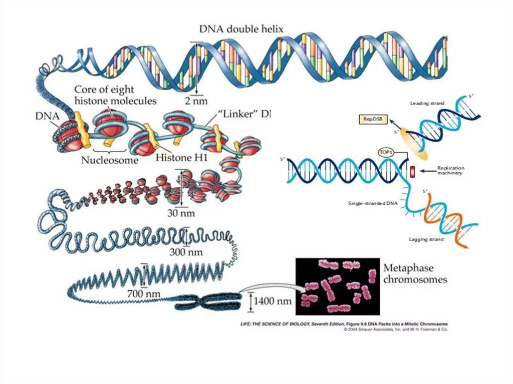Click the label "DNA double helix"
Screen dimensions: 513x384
(x=241, y=29)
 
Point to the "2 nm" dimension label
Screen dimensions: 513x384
(x=196, y=100)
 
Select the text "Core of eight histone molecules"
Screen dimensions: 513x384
(x=115, y=95)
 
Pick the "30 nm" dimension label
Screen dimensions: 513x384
(x=181, y=212)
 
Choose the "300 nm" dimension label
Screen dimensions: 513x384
(x=186, y=252)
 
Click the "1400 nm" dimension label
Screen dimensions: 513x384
(x=272, y=301)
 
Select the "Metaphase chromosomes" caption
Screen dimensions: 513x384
(x=415, y=273)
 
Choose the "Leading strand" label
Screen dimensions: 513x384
(x=427, y=104)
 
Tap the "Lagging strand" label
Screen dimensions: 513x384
(x=427, y=240)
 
